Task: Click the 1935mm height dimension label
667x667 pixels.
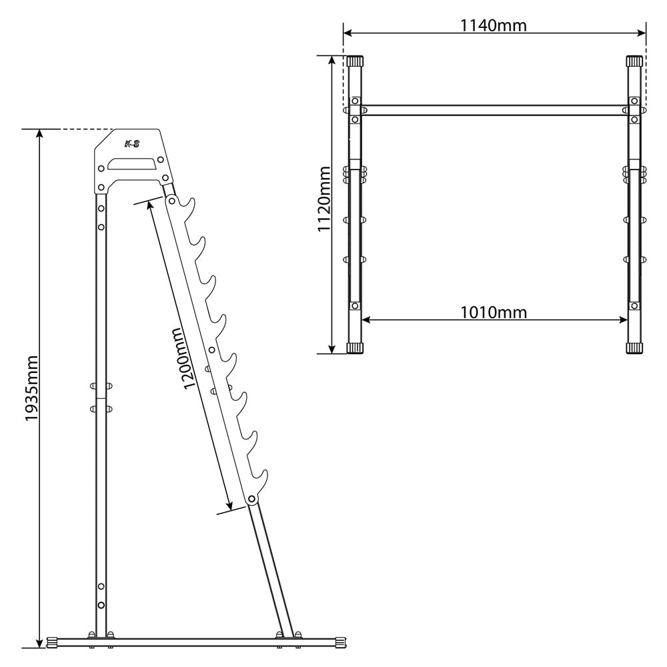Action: pyautogui.click(x=31, y=388)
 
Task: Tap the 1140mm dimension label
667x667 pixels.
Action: pyautogui.click(x=494, y=25)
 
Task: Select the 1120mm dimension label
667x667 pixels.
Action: pyautogui.click(x=325, y=199)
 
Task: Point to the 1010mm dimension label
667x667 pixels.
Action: pyautogui.click(x=494, y=313)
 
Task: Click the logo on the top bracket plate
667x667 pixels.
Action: pyautogui.click(x=132, y=144)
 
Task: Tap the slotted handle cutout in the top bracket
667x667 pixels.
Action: pyautogui.click(x=132, y=164)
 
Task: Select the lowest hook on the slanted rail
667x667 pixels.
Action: pyautogui.click(x=259, y=481)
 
